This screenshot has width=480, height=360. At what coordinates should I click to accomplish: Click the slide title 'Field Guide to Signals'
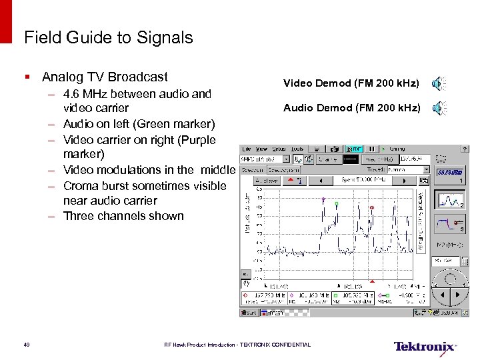tap(108, 38)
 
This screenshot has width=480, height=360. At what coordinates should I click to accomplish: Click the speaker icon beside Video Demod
tap(437, 83)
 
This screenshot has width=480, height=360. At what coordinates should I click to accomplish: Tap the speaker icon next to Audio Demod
tap(437, 107)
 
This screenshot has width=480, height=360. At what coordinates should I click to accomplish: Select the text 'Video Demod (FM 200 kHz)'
tap(351, 83)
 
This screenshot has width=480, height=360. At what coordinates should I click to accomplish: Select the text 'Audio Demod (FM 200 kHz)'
tap(351, 107)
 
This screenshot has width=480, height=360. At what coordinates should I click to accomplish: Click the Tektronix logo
tap(425, 347)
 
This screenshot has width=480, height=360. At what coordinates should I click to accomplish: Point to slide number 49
tap(26, 345)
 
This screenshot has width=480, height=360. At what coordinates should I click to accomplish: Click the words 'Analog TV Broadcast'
tap(105, 77)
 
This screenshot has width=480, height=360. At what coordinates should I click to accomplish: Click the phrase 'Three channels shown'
tap(123, 215)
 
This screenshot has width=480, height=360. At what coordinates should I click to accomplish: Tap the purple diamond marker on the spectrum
tap(323, 199)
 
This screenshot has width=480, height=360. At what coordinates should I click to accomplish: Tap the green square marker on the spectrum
tap(337, 203)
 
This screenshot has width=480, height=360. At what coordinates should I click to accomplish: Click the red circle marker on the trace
tap(372, 207)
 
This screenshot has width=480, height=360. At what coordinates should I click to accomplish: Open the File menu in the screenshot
tap(246, 149)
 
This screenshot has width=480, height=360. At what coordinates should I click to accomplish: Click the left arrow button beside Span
tap(321, 180)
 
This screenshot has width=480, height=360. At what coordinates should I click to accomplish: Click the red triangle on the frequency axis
tap(372, 280)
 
